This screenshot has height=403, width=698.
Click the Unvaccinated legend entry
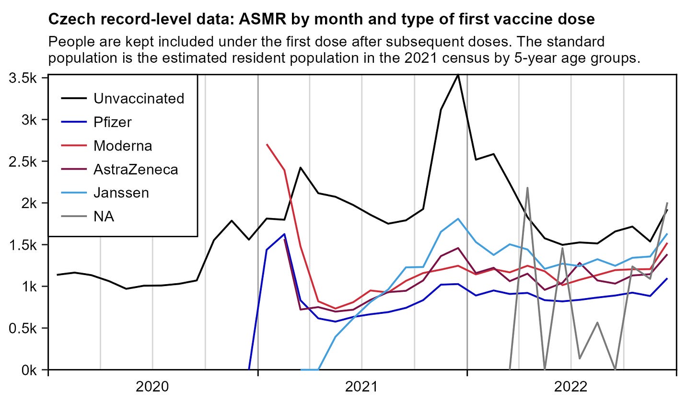(139, 99)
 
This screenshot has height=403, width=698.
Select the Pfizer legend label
(113, 122)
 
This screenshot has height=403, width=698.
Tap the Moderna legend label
(123, 146)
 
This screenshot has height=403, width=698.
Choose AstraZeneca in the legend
(136, 169)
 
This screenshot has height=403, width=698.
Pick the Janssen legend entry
(121, 193)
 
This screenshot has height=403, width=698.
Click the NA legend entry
(104, 216)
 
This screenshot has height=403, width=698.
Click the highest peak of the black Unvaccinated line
(458, 75)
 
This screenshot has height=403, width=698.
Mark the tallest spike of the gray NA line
(527, 188)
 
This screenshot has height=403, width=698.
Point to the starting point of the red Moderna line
(267, 144)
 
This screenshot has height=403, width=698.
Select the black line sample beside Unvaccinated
(74, 99)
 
